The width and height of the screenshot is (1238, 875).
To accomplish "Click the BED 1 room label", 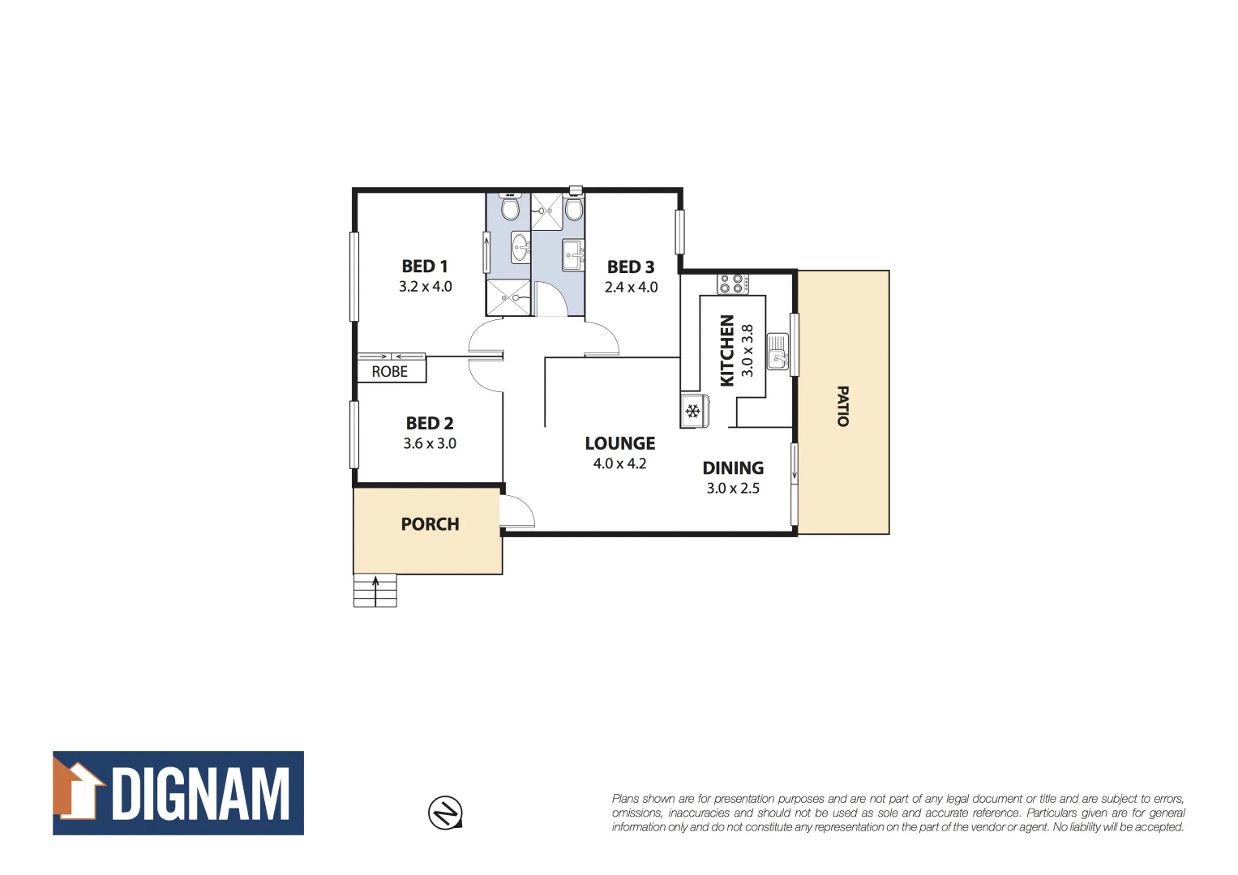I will (424, 267).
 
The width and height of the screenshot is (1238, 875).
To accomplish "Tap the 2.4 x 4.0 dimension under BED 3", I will (631, 287).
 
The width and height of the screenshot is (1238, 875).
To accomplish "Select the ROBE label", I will (389, 372).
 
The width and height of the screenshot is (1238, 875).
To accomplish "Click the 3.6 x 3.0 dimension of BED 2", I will (430, 443).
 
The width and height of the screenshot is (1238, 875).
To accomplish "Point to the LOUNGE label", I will (619, 443).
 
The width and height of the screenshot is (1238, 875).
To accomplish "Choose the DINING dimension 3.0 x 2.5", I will (733, 489).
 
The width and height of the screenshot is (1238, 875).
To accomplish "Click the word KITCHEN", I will (727, 350).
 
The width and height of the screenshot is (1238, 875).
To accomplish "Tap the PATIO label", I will (842, 406).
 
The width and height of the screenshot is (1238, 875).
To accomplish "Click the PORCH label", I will (430, 524).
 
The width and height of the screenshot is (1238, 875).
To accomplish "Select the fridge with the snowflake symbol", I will (693, 411).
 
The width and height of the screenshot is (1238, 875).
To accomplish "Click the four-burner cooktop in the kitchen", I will (732, 284).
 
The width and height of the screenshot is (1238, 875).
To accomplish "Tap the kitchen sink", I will (777, 352).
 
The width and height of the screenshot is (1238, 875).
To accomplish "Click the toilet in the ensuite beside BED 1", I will (510, 208).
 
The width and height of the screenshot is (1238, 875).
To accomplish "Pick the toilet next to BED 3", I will (574, 209).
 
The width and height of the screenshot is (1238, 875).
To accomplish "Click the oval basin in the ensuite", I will (520, 246).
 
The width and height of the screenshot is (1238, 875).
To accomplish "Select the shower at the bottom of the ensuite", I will (508, 297).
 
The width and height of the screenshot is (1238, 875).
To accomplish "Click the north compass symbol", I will (445, 812).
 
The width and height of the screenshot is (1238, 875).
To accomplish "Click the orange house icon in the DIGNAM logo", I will (79, 790).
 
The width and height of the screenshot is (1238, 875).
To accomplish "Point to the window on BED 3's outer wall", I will (679, 232).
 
